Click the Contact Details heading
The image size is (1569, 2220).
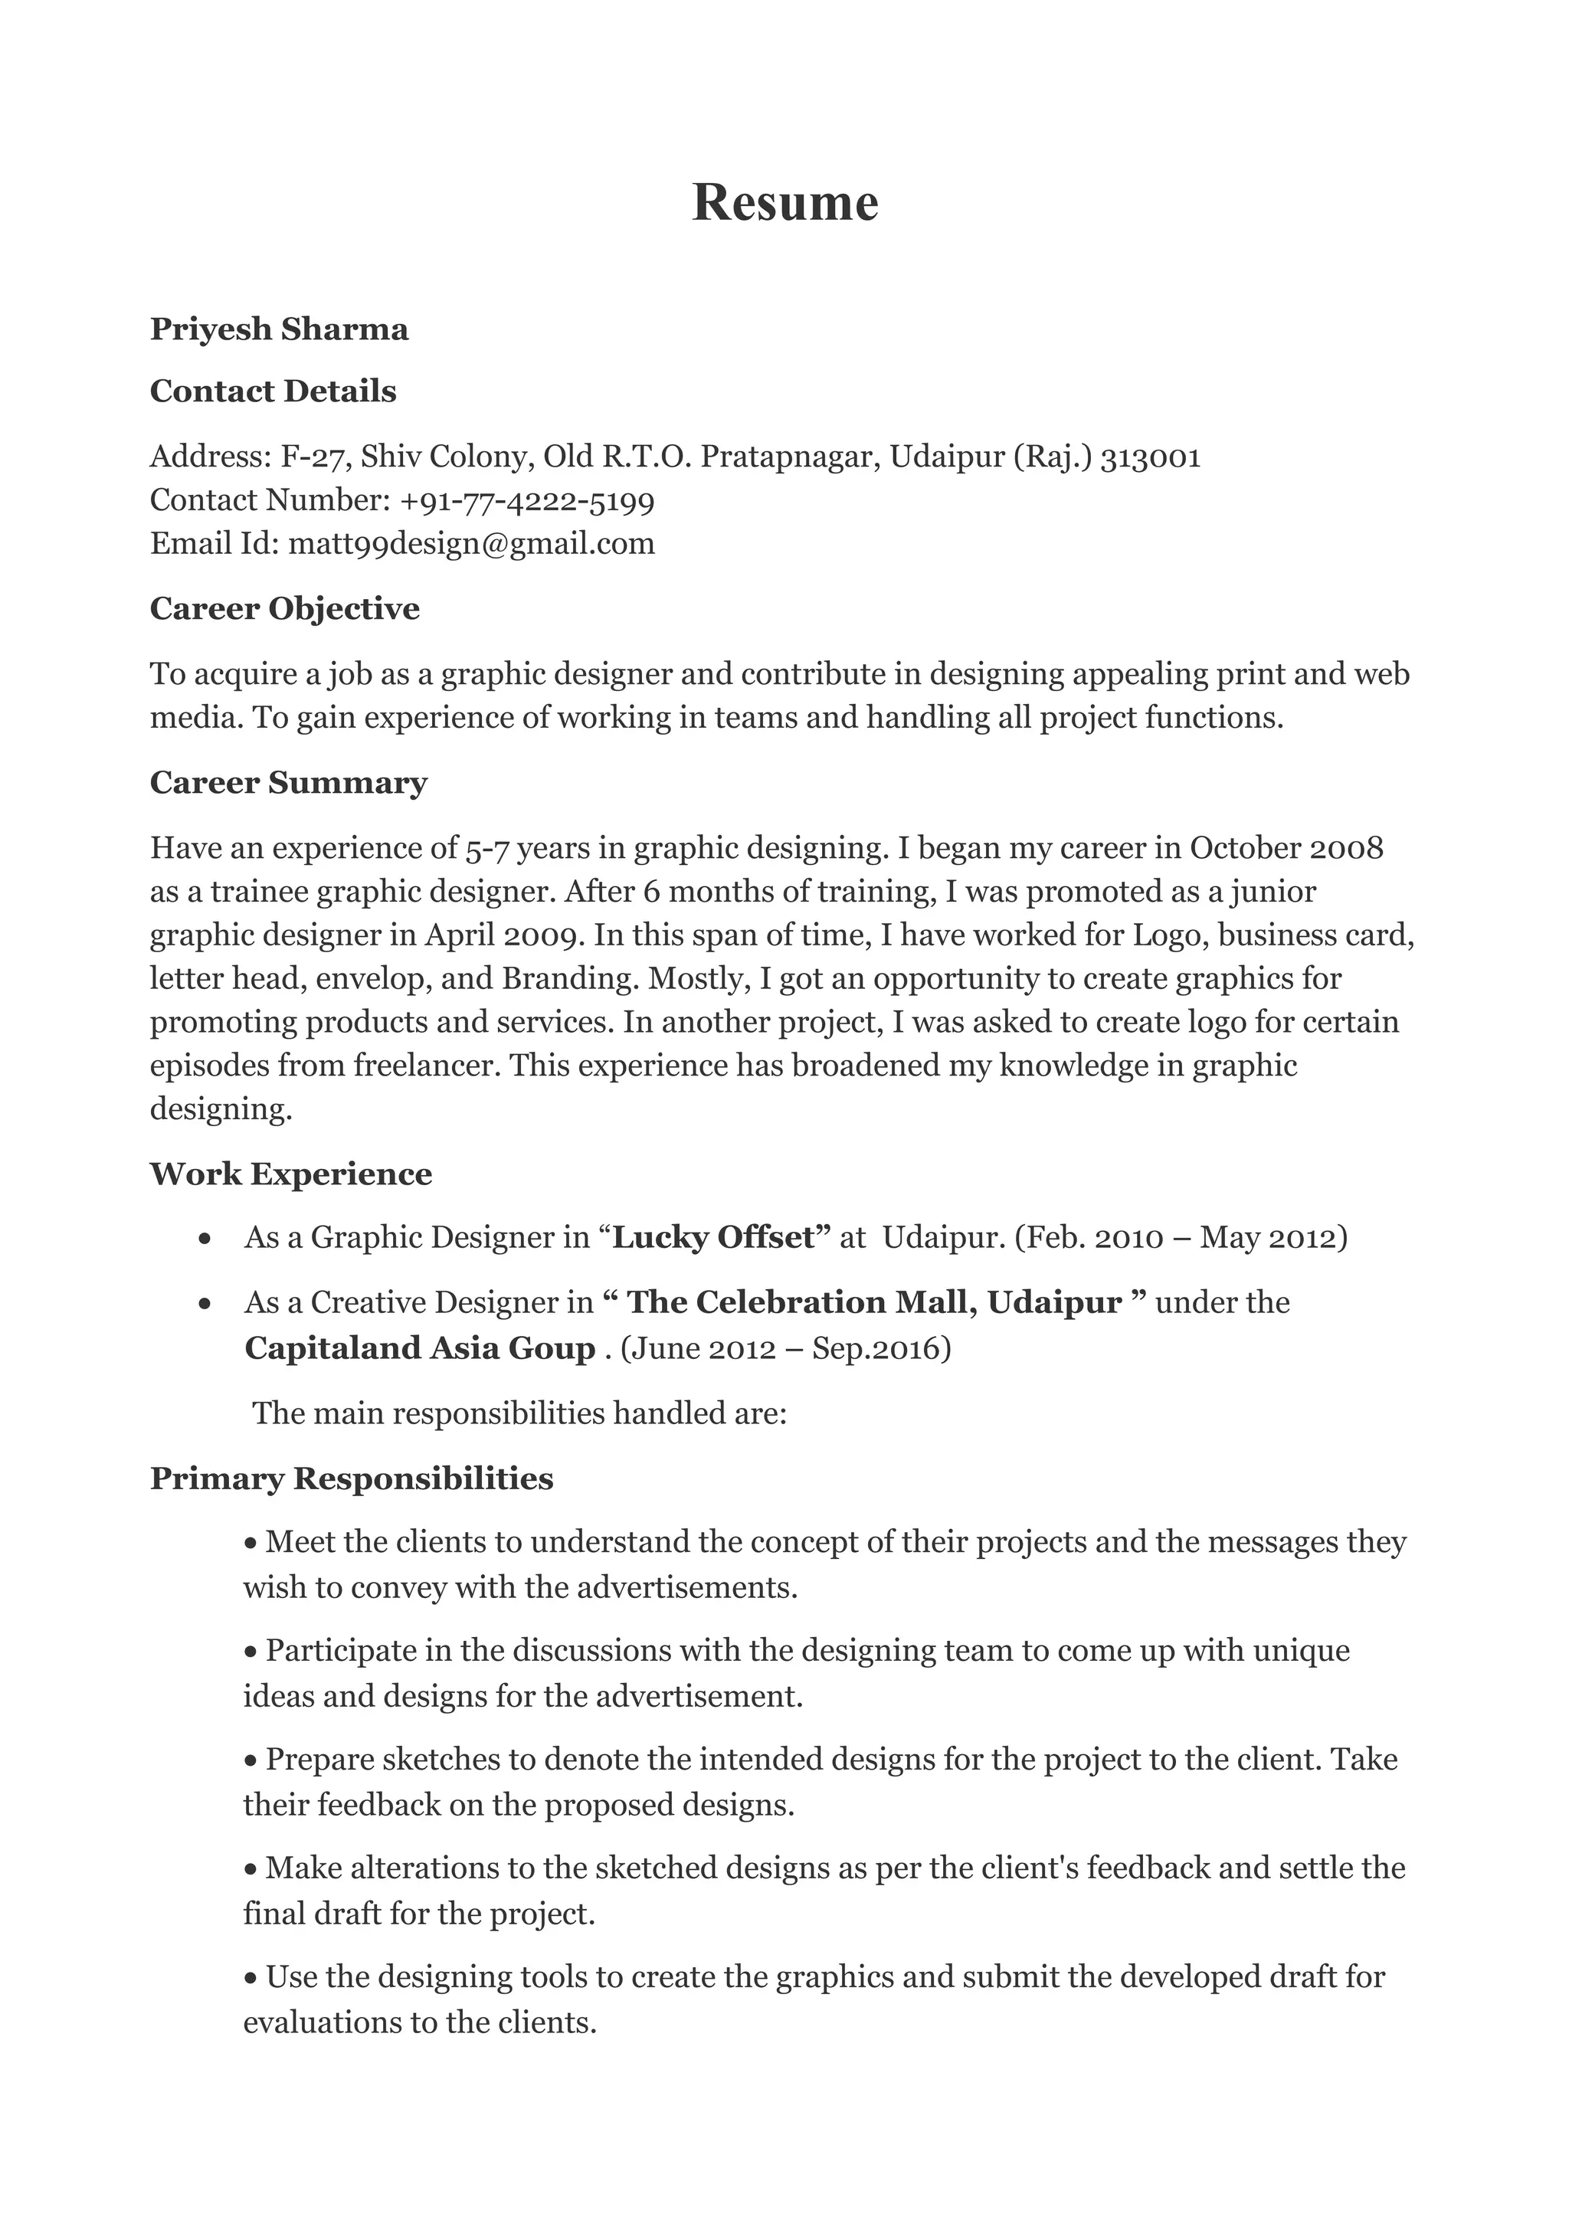273,391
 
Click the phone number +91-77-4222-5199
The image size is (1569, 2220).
527,501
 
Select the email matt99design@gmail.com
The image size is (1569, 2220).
472,543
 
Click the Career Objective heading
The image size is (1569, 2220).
284,609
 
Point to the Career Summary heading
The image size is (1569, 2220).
288,783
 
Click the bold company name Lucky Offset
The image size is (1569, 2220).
716,1238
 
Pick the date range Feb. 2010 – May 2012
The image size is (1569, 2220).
1181,1238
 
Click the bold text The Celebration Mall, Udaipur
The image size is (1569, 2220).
874,1302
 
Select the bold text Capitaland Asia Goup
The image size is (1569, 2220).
420,1348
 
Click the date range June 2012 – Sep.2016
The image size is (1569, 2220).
785,1348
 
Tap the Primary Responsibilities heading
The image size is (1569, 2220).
351,1478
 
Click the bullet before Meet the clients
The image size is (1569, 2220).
251,1543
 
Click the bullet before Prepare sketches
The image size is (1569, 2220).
251,1760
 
